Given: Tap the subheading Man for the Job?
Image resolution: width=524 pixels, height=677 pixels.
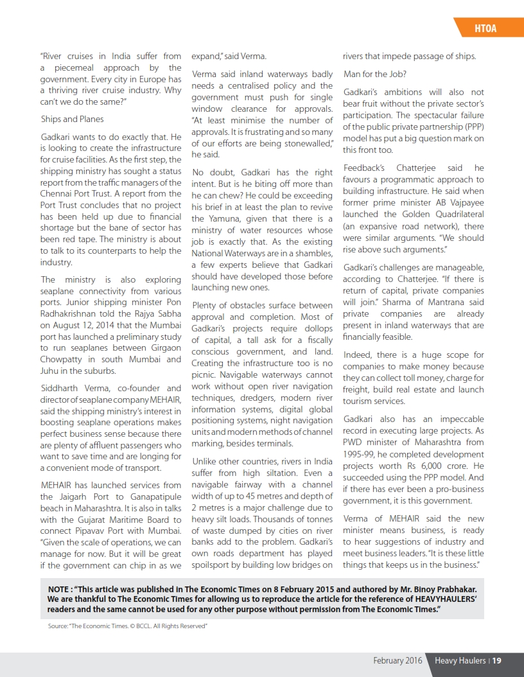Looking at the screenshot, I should [x=374, y=74].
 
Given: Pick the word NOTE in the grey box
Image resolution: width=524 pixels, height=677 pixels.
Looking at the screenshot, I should [x=60, y=589].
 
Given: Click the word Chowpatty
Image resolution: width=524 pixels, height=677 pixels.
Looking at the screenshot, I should [x=65, y=359].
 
